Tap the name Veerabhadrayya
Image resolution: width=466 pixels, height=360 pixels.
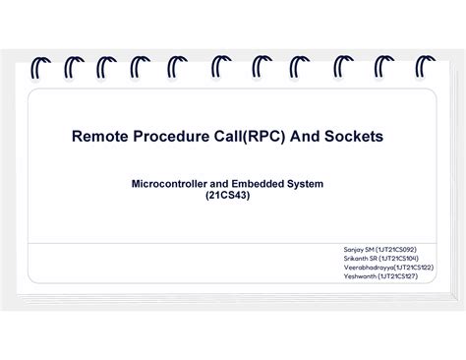[x=369, y=268]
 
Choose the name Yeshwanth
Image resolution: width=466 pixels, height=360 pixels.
[x=360, y=276]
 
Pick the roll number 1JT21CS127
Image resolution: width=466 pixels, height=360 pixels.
[x=398, y=276]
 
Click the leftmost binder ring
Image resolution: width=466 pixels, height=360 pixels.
[x=38, y=69]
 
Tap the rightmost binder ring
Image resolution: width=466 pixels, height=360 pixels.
[x=425, y=69]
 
